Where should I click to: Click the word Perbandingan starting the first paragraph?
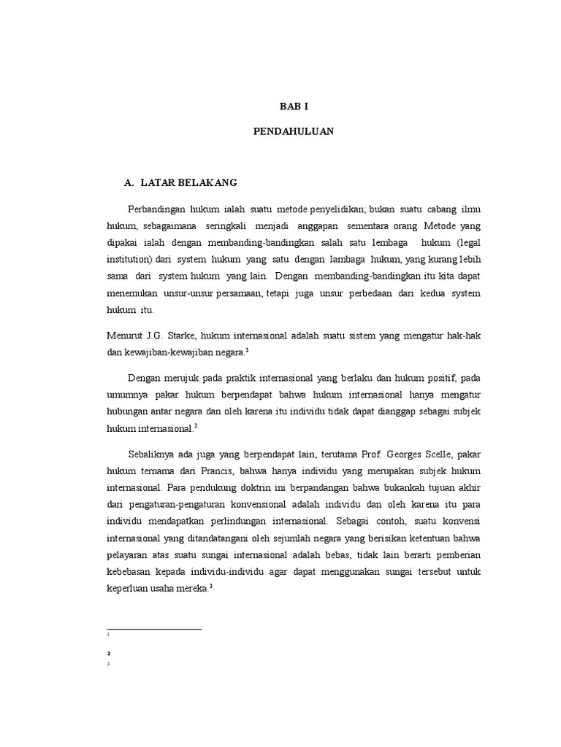(156, 207)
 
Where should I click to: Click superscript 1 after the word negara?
(248, 350)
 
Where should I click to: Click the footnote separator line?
(154, 627)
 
